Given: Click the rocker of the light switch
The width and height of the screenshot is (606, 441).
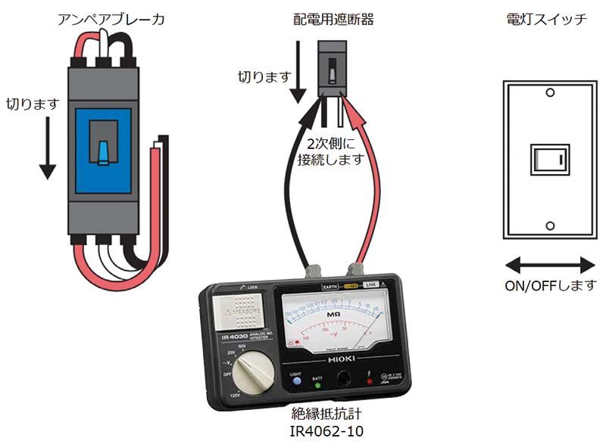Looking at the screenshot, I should [x=549, y=159].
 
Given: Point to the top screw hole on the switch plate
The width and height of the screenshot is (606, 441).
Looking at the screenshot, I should [x=550, y=93].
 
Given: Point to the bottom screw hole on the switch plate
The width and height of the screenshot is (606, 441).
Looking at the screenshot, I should [x=550, y=225].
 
